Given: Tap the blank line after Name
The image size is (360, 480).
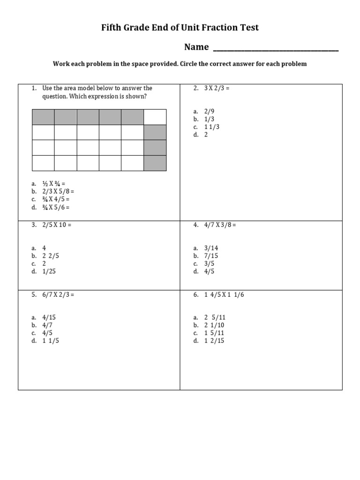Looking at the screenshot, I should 276,48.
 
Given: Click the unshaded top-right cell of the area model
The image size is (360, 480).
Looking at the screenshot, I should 155,117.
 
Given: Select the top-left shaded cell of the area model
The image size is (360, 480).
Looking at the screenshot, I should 43,117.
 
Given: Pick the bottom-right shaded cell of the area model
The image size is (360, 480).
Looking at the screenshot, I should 155,163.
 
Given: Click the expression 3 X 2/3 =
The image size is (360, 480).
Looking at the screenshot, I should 217,88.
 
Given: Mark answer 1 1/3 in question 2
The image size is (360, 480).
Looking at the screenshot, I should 212,127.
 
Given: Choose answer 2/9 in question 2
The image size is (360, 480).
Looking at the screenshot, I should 209,111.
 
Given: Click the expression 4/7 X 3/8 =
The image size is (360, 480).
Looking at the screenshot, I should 220,225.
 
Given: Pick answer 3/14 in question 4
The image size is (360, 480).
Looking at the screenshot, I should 211,248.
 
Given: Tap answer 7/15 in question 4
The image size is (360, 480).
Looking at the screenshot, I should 211,256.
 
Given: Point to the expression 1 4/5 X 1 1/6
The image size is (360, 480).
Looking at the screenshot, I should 224,295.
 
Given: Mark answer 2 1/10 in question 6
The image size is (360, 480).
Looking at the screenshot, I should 214,325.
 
